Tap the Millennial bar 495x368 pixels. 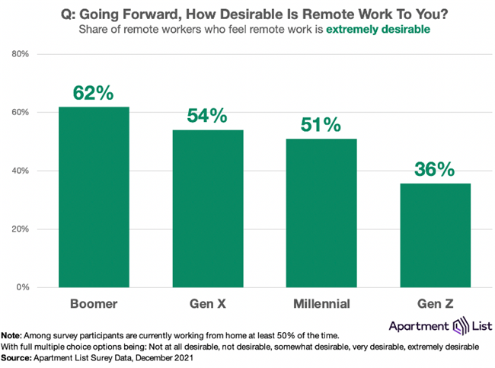[x=321, y=213]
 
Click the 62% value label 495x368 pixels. [x=93, y=93]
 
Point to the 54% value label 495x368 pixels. [x=207, y=116]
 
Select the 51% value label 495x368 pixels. [x=321, y=125]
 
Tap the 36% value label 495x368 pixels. [x=436, y=168]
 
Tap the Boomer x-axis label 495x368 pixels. [x=93, y=303]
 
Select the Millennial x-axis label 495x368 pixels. [x=321, y=303]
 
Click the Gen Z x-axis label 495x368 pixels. [x=436, y=303]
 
